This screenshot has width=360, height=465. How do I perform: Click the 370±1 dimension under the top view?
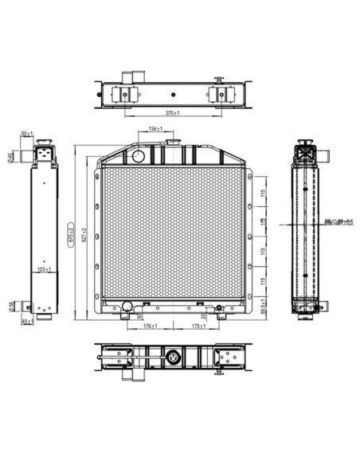click(172, 114)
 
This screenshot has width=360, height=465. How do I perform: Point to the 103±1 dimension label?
click(45, 270)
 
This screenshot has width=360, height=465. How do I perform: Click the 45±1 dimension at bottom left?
click(27, 322)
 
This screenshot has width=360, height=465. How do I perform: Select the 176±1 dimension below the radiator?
click(149, 326)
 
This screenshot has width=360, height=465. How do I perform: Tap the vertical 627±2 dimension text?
click(80, 232)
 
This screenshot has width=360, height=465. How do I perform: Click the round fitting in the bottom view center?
click(172, 359)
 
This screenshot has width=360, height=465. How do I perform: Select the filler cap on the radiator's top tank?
click(168, 143)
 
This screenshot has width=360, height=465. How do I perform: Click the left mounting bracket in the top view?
click(123, 94)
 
